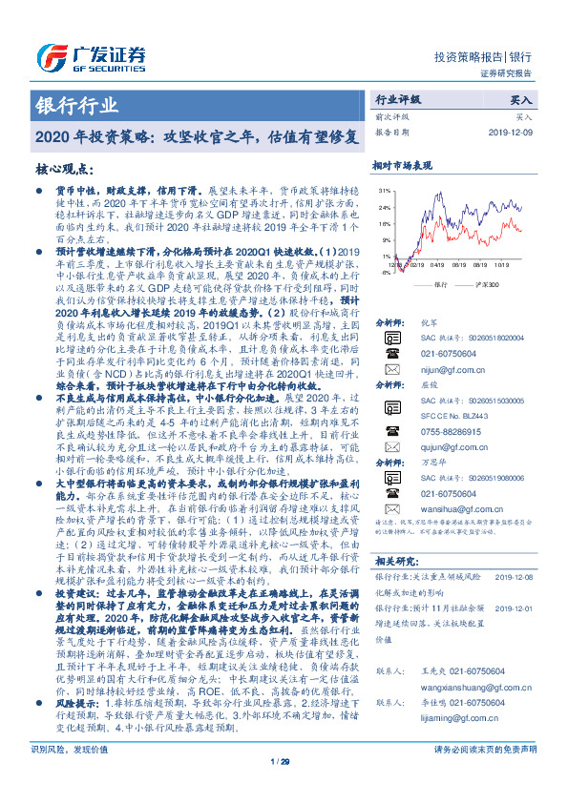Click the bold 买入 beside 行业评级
[521, 98]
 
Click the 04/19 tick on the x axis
[436, 268]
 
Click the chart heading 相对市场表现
[402, 165]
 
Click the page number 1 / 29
[281, 788]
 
